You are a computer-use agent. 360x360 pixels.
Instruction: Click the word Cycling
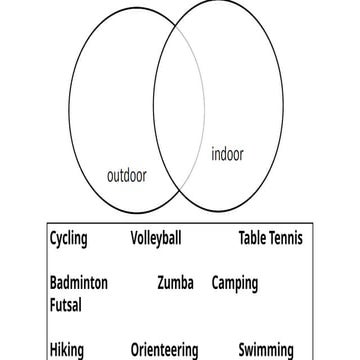[68, 239]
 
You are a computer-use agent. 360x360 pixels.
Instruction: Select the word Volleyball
[156, 238]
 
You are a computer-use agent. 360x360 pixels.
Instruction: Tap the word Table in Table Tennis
[254, 238]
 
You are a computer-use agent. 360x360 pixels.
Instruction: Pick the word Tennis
[288, 238]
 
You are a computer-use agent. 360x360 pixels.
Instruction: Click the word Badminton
[78, 283]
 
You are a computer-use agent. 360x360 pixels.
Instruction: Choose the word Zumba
[175, 283]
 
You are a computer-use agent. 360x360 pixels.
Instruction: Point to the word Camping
[235, 284]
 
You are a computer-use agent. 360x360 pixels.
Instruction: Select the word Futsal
[66, 305]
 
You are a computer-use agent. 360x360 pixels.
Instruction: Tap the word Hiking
[66, 350]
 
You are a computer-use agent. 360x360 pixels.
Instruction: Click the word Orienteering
[165, 350]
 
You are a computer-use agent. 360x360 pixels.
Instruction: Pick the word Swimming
[266, 350]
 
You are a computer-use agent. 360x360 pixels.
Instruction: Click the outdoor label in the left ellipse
[127, 176]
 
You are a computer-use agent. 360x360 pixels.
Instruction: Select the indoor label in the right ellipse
[227, 154]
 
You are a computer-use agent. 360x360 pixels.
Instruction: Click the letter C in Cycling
[53, 238]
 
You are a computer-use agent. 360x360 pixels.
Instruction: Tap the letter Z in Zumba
[161, 283]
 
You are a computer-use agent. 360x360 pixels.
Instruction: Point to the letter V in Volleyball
[135, 238]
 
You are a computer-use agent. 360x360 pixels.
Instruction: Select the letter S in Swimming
[242, 350]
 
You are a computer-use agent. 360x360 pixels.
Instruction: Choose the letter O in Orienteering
[136, 350]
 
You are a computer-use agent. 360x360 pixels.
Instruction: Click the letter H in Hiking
[54, 350]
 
